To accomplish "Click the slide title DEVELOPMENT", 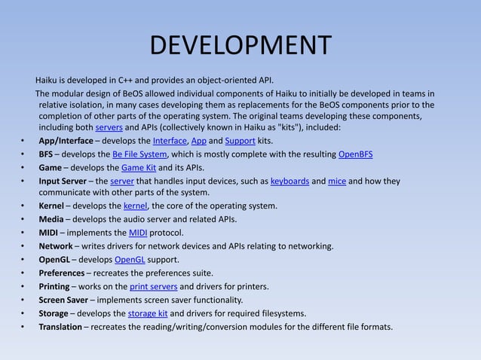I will click(240, 46).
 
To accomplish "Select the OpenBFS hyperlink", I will click(356, 154).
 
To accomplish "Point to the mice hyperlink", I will click(336, 181).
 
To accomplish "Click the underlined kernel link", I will click(135, 206).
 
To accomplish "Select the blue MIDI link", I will click(138, 233).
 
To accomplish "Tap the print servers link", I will click(153, 287).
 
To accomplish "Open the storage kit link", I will click(146, 313).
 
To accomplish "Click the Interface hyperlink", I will click(170, 141).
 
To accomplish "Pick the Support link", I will click(240, 141).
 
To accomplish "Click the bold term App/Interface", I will click(66, 141).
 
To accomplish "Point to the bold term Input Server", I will click(63, 181).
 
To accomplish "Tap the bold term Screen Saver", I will click(65, 300).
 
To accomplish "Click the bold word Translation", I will click(60, 327).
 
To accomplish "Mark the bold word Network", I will click(56, 246).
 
